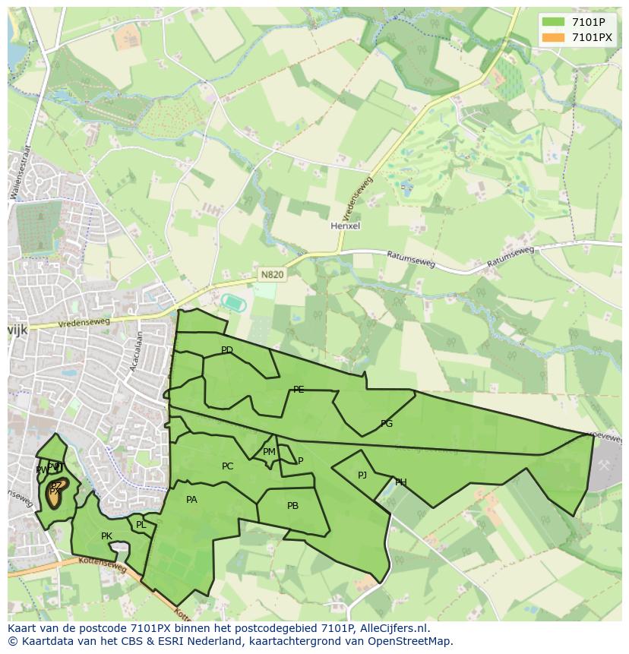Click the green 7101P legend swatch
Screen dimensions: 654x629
click(552, 22)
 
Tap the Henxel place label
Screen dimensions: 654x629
click(345, 226)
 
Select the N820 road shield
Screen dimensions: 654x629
click(272, 275)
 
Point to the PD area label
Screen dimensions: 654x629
click(226, 350)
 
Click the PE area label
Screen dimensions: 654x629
click(299, 390)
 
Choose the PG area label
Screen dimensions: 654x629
click(387, 424)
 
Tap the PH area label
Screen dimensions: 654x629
click(400, 482)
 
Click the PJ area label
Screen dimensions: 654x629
click(362, 475)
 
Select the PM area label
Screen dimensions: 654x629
click(269, 452)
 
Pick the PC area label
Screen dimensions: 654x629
click(227, 466)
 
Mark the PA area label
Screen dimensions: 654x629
click(191, 500)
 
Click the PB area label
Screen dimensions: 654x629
click(292, 506)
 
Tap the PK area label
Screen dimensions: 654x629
click(106, 536)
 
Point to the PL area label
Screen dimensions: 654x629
click(141, 525)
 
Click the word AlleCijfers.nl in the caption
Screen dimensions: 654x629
click(394, 629)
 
